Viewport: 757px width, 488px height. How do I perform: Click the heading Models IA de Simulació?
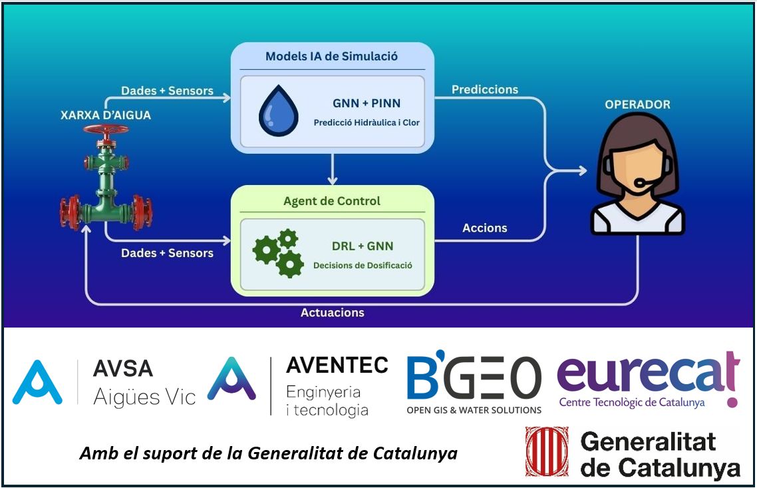331,56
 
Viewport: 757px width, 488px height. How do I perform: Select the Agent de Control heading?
332,200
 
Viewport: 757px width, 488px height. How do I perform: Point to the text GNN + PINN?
367,103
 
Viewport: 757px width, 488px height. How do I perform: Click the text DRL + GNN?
363,246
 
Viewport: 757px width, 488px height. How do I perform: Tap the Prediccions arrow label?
485,89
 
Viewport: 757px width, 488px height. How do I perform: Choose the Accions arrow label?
485,228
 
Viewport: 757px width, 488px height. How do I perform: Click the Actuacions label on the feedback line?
333,312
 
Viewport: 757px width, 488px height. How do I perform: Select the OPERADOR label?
637,105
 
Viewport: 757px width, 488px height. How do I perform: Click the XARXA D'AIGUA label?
106,115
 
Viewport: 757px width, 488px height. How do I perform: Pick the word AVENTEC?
337,365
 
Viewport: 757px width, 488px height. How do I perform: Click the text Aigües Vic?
144,397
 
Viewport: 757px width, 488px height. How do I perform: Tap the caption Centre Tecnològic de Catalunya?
631,403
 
